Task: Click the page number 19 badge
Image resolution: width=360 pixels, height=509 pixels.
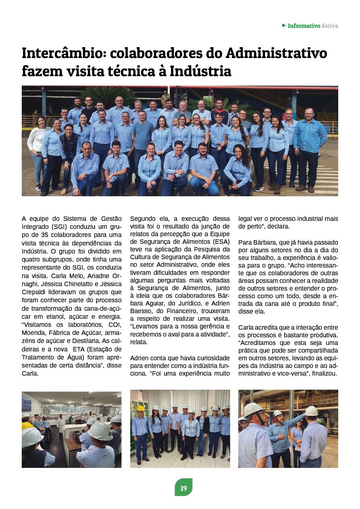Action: (183, 488)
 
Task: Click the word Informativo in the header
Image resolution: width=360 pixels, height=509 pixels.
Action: (304, 26)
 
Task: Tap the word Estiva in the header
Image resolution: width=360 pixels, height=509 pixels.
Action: (330, 26)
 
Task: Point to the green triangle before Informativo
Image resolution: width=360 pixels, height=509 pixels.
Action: (284, 25)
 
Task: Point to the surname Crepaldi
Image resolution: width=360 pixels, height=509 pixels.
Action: (33, 292)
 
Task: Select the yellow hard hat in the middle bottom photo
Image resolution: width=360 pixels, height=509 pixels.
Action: (140, 408)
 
